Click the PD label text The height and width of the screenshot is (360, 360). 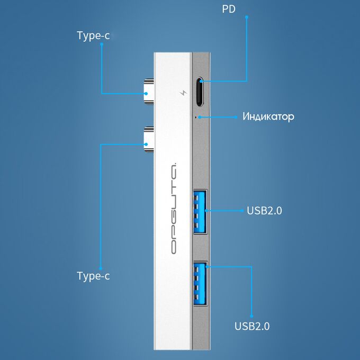point(229,9)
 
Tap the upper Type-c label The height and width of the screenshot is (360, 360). point(93,36)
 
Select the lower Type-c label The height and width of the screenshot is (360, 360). point(93,276)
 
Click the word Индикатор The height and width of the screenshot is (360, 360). point(268,116)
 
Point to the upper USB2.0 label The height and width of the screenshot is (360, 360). point(264,211)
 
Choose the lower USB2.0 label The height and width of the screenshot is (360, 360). point(252,326)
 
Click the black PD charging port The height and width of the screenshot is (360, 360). point(200,92)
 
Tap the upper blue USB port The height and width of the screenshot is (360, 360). point(200,211)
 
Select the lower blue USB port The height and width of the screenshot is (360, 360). point(200,283)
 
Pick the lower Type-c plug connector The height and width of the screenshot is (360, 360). point(149,140)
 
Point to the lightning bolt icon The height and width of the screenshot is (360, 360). point(183,93)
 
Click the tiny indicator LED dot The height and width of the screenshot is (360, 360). point(196,117)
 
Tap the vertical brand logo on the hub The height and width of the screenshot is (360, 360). point(174,209)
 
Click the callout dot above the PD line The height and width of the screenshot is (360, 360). point(247,17)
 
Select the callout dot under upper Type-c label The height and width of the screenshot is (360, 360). point(102,44)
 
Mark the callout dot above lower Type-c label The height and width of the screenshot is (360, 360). point(101,268)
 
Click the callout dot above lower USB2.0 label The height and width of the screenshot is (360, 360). point(251,316)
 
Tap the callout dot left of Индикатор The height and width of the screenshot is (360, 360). point(236,117)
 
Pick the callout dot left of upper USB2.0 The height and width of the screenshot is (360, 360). point(242,211)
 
